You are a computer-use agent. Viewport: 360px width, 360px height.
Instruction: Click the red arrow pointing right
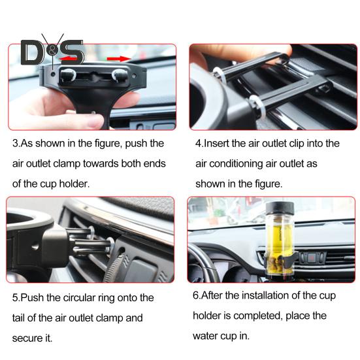coord(118,59)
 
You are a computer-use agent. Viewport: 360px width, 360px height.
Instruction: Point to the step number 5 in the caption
coord(15,298)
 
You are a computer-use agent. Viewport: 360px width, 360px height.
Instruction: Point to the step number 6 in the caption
coord(196,296)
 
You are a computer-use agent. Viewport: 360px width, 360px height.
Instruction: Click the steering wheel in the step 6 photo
coord(199,261)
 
